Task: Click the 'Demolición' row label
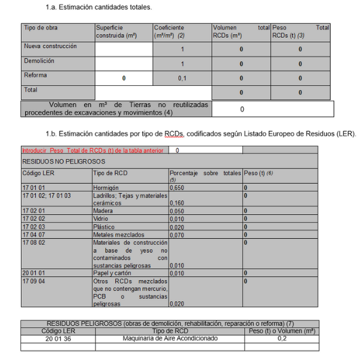click(x=39, y=61)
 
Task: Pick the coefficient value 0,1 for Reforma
click(x=183, y=79)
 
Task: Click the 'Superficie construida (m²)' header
click(x=116, y=32)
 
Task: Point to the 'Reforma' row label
click(x=35, y=76)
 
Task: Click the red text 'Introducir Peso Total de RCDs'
click(x=92, y=151)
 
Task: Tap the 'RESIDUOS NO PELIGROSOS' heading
click(x=64, y=162)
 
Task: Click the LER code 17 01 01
click(x=34, y=188)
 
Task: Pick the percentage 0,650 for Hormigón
click(x=178, y=188)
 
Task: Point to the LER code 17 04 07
click(x=34, y=235)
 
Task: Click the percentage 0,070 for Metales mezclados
click(x=178, y=235)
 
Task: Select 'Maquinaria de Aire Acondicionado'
click(x=170, y=338)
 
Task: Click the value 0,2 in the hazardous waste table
click(x=281, y=338)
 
